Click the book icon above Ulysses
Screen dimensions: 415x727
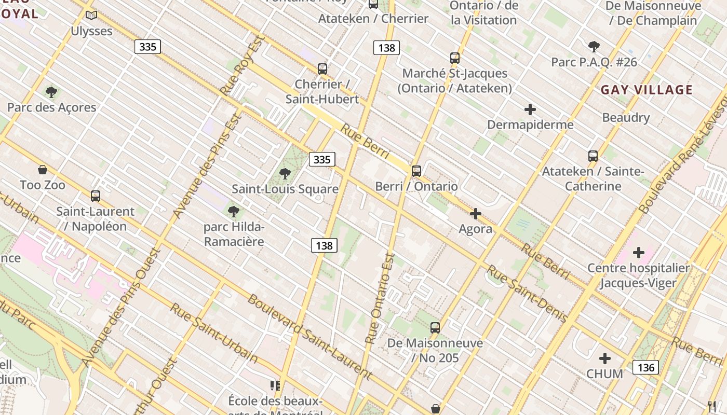91,16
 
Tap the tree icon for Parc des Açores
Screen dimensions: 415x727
51,92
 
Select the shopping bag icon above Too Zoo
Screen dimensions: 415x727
43,170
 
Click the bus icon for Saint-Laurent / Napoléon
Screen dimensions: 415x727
95,196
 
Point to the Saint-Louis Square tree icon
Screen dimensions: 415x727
285,174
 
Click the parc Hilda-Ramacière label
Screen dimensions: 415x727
234,234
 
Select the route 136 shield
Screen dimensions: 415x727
645,367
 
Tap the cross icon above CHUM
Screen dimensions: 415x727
604,358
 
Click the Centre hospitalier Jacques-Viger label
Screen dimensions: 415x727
638,275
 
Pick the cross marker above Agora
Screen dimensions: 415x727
475,214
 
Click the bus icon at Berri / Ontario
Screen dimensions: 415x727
416,171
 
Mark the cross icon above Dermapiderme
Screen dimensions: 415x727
530,109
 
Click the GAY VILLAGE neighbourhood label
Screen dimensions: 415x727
647,90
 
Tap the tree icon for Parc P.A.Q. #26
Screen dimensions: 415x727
594,47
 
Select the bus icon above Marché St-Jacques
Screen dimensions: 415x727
455,58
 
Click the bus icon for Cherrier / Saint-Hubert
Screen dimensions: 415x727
322,68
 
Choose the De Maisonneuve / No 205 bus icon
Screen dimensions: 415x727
435,328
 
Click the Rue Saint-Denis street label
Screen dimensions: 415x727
526,294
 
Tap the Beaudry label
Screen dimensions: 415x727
626,118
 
